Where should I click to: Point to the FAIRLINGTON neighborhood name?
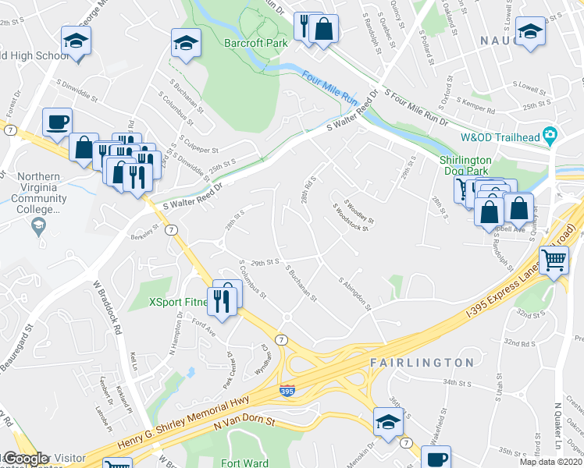click(422, 363)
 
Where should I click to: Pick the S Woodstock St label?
click(350, 219)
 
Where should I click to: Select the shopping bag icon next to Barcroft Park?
click(323, 30)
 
